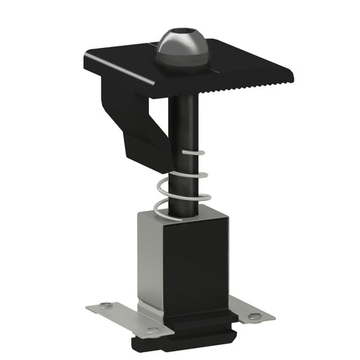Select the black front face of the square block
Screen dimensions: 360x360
(x=196, y=271)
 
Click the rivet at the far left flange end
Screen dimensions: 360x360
(x=104, y=304)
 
